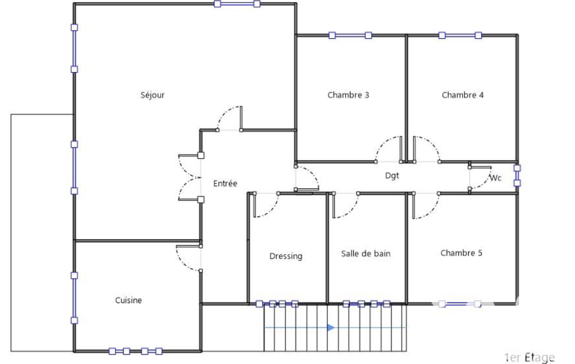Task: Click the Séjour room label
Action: (x=153, y=95)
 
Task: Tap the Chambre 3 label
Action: (x=348, y=95)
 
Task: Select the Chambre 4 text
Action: (x=462, y=95)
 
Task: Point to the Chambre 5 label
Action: (x=461, y=253)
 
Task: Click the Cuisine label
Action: (x=128, y=300)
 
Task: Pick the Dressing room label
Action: (x=286, y=256)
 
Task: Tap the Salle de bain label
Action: (x=366, y=254)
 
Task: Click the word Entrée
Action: (x=225, y=184)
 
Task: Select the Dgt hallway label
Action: (x=392, y=176)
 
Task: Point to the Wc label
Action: (x=496, y=178)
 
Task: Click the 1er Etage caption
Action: (x=529, y=357)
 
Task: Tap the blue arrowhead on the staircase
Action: (x=331, y=328)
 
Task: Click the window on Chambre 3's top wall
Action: (x=350, y=35)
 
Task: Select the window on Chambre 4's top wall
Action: (x=460, y=35)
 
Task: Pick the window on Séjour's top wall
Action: (x=237, y=4)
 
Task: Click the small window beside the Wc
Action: (x=517, y=175)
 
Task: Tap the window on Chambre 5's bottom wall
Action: (x=460, y=304)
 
